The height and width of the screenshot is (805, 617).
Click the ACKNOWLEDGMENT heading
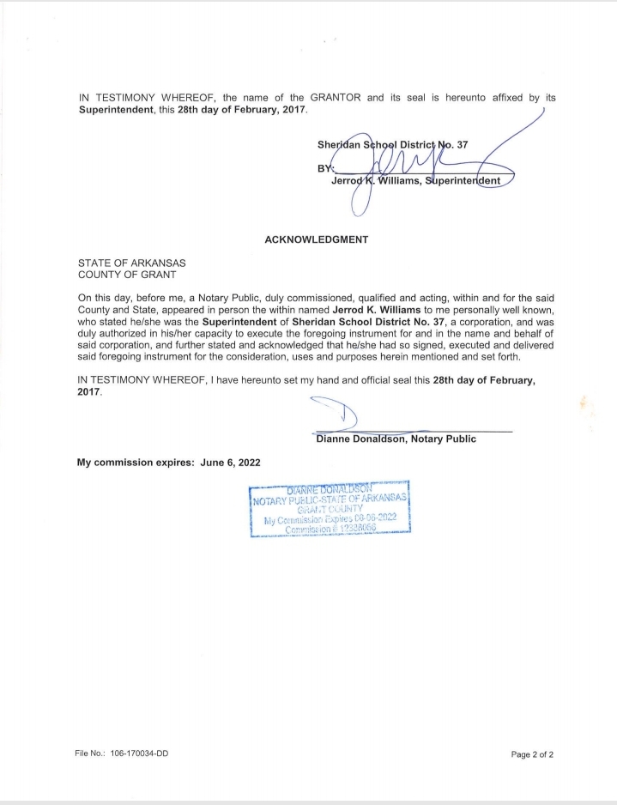[317, 239]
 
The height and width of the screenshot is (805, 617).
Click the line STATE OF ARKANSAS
[132, 263]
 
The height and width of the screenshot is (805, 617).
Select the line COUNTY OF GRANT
[127, 275]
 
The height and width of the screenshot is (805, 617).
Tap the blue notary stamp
[330, 509]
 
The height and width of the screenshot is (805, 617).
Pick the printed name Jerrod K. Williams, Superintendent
[421, 180]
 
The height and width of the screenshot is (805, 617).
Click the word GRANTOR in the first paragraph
[336, 98]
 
